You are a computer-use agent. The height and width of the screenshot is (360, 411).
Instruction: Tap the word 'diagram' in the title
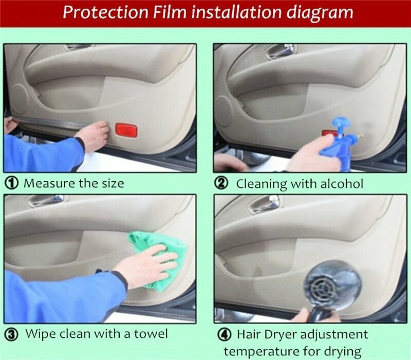pos(320,13)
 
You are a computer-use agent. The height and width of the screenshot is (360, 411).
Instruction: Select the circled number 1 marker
pos(12,183)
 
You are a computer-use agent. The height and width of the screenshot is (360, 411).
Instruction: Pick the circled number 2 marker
pos(221,183)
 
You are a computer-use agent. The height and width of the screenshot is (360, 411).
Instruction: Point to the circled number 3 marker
pos(12,335)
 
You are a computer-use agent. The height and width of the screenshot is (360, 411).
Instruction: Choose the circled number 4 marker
pos(225,335)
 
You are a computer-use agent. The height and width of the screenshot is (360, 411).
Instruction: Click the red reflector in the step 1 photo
pos(126,130)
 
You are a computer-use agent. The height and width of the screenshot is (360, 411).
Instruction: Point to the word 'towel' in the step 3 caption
pos(151,334)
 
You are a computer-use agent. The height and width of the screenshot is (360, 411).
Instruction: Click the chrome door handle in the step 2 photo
pos(279,51)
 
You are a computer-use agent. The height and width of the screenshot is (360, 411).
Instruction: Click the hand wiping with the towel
pos(147,265)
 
